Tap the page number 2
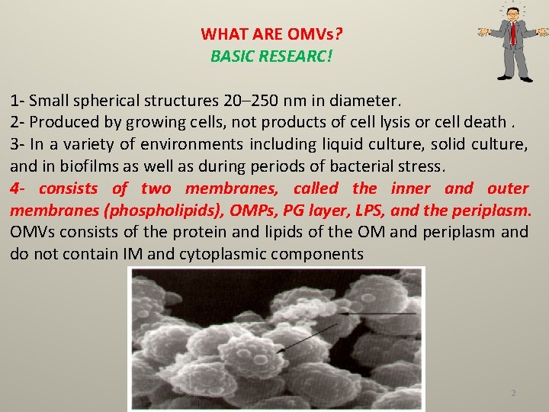[513, 393]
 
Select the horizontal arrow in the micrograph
[378, 313]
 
